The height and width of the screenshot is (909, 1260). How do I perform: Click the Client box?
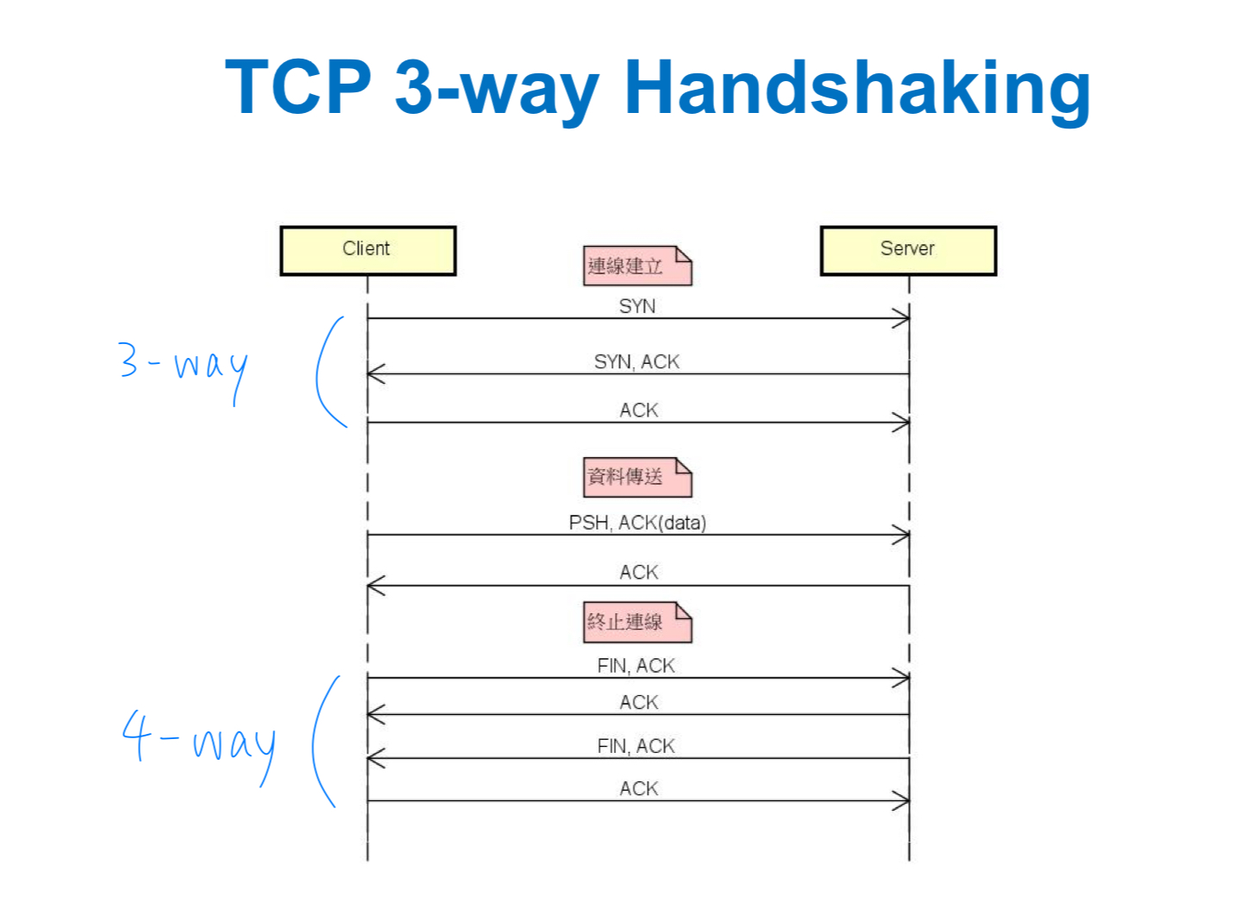point(367,250)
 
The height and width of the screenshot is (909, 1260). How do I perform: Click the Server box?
point(907,250)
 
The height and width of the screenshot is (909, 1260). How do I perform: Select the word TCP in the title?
point(298,87)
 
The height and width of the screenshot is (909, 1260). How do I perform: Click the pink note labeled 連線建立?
point(636,266)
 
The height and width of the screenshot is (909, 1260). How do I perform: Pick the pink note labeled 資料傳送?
point(636,477)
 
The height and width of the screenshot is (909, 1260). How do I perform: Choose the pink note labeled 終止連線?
point(636,622)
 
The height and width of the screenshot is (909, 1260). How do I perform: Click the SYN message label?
point(637,306)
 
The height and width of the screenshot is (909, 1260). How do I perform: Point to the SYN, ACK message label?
point(636,361)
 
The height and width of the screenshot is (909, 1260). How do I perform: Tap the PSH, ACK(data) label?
point(637,523)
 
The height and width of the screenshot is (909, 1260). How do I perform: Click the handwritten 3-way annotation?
point(184,366)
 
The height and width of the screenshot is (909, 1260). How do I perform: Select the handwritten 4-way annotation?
point(199,742)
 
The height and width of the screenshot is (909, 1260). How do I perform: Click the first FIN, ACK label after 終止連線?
point(636,666)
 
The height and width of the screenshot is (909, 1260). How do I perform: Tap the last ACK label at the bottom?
point(638,788)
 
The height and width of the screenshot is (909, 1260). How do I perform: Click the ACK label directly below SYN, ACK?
point(638,410)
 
